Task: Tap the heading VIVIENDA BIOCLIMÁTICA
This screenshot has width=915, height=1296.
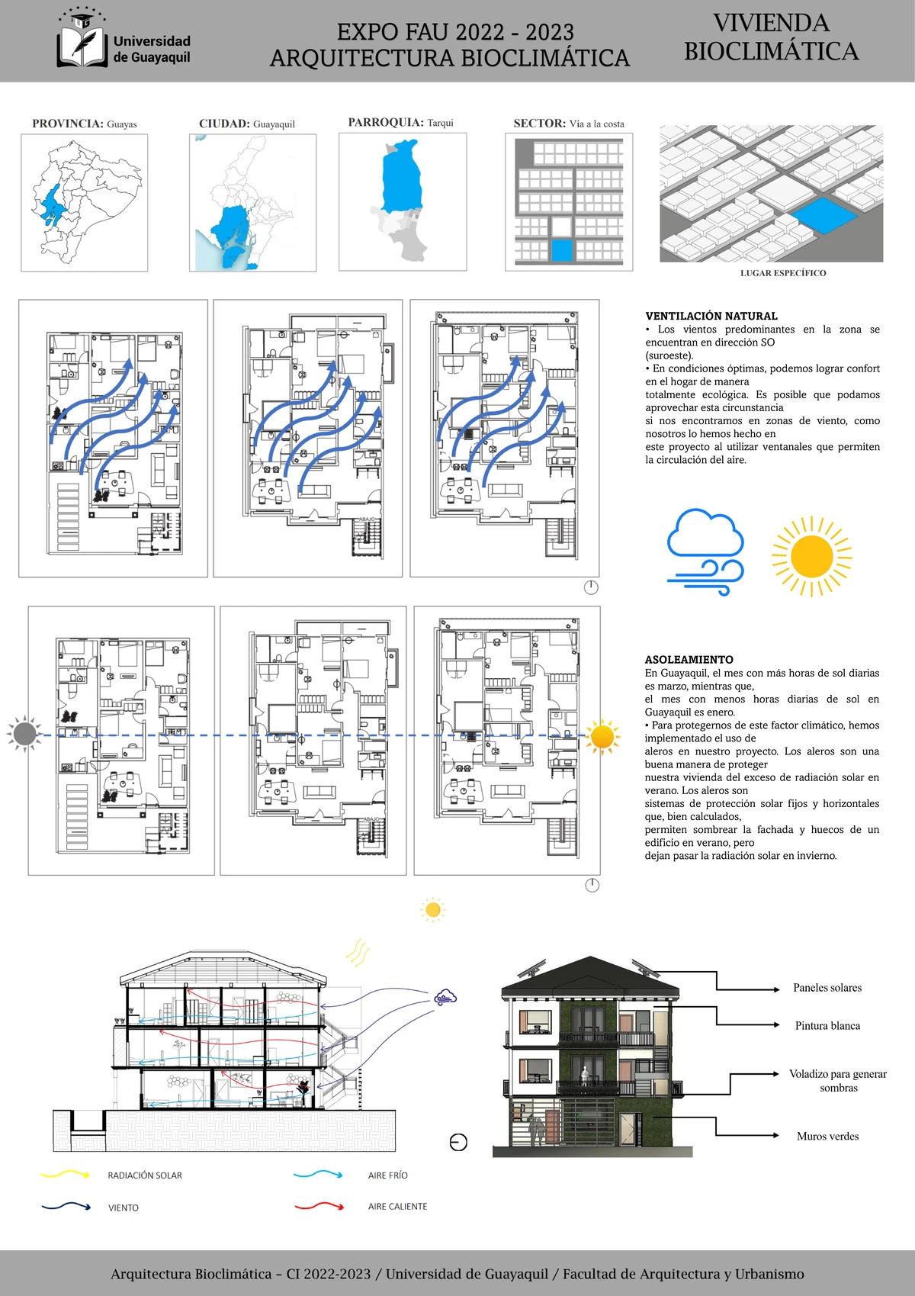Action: [x=771, y=37]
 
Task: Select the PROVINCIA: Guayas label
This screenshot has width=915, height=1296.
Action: [x=84, y=124]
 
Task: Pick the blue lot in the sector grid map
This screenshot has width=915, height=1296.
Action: [x=561, y=250]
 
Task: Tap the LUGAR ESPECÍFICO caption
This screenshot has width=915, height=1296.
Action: [x=783, y=273]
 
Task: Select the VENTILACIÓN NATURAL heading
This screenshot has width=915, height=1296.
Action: [x=711, y=316]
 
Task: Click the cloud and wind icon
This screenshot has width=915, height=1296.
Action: [x=705, y=552]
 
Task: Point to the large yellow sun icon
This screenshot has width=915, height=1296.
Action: [x=811, y=557]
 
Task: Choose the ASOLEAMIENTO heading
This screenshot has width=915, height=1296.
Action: [x=689, y=660]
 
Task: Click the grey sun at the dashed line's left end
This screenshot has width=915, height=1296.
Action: [x=24, y=734]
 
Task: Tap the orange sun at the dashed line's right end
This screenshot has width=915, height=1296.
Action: [x=602, y=736]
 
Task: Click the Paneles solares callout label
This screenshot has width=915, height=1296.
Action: [x=827, y=988]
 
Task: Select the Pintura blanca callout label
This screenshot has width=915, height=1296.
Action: [x=827, y=1026]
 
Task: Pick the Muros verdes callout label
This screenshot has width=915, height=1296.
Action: [x=827, y=1137]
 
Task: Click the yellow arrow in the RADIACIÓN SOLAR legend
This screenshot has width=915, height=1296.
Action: [x=66, y=1175]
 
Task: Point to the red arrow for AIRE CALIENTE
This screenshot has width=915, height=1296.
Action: [x=319, y=1206]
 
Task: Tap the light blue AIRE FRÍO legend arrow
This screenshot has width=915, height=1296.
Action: [x=318, y=1175]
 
